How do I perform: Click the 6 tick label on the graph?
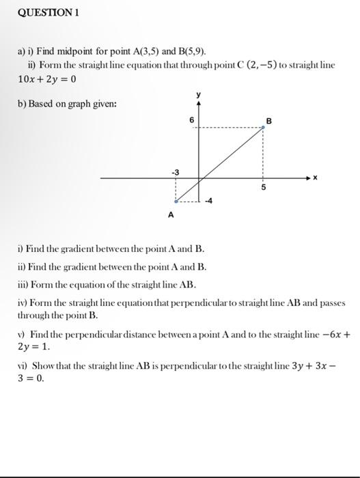pos(192,119)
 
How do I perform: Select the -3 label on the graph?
pos(175,171)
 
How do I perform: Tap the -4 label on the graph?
pos(210,201)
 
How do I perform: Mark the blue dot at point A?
pos(176,201)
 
